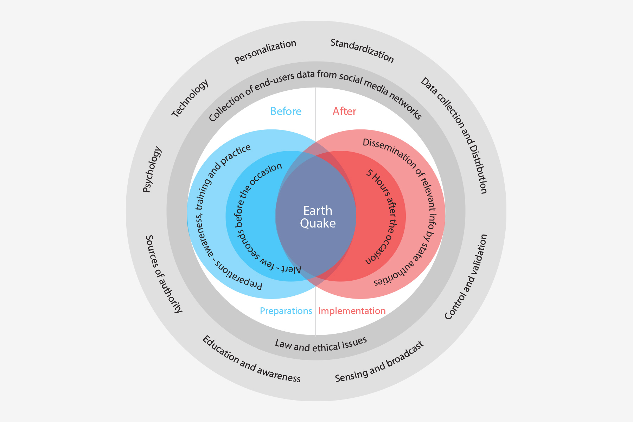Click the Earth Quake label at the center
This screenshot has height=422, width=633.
pyautogui.click(x=318, y=217)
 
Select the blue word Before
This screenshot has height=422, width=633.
pyautogui.click(x=286, y=111)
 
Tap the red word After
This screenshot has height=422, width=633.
pyautogui.click(x=344, y=111)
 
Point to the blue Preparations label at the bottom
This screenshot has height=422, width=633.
pyautogui.click(x=286, y=311)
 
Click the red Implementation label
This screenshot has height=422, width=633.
pyautogui.click(x=352, y=311)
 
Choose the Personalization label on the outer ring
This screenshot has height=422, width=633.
pyautogui.click(x=266, y=51)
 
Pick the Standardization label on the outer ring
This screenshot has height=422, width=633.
pyautogui.click(x=362, y=51)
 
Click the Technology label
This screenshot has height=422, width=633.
pyautogui.click(x=190, y=98)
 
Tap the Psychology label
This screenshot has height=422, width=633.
pyautogui.click(x=152, y=170)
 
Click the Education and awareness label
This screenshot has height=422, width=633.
pyautogui.click(x=251, y=359)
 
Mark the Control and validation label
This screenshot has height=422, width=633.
pyautogui.click(x=466, y=277)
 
